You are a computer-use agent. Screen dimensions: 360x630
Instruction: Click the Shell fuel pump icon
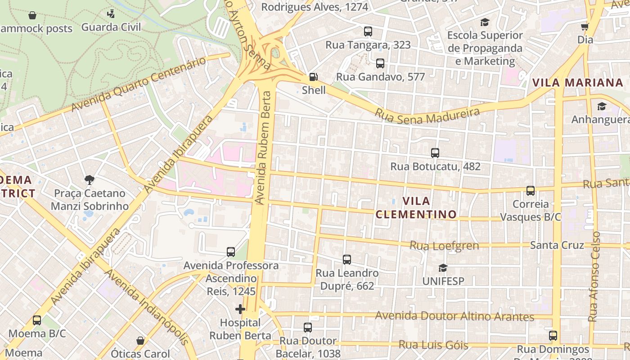tap(314, 77)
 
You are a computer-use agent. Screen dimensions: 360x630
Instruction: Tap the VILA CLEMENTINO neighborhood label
tap(416, 208)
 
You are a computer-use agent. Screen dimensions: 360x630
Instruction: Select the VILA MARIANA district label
tap(577, 83)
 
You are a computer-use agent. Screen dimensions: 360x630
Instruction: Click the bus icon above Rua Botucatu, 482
tap(435, 153)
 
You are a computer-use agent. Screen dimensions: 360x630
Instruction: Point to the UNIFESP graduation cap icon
tap(443, 268)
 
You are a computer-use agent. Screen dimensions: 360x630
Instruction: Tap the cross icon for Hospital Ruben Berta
tap(240, 309)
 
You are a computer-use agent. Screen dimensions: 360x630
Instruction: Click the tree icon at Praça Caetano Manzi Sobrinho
tap(90, 180)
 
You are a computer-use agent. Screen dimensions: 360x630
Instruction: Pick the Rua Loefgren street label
tap(444, 246)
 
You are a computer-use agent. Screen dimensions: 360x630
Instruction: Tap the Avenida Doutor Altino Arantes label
tap(454, 316)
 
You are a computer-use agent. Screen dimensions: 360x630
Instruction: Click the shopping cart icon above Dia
tap(585, 27)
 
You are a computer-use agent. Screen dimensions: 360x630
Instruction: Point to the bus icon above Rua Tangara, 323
tap(368, 31)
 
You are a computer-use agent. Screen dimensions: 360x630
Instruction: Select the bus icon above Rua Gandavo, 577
tap(380, 63)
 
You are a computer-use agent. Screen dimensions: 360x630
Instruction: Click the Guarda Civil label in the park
tap(111, 27)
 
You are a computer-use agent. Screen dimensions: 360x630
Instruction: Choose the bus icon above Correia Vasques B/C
tap(531, 191)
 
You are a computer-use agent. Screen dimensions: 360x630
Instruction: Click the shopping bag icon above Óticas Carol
tap(140, 341)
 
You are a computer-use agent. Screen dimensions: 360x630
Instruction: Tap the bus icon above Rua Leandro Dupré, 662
tap(346, 260)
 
